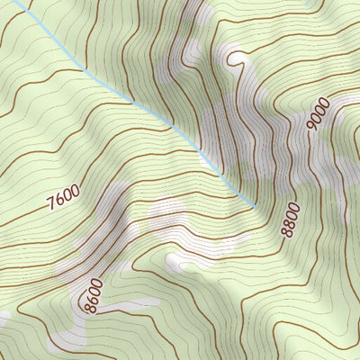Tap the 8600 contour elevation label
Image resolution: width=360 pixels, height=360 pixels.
(94, 296)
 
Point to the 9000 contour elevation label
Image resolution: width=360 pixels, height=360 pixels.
(319, 114)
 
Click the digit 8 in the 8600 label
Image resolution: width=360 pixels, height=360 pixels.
(90, 309)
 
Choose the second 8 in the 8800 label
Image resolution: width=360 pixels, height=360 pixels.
(288, 225)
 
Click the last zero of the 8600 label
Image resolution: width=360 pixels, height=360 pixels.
(97, 283)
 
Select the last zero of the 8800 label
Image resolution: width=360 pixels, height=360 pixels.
(292, 208)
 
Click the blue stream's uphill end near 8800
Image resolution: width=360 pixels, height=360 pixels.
(258, 207)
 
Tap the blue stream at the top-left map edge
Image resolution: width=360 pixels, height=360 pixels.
(14, 3)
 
